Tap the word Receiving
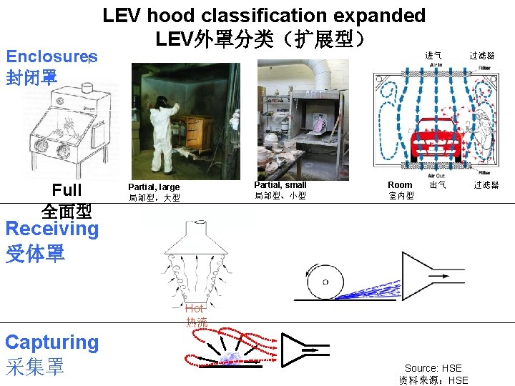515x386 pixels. [x=51, y=229]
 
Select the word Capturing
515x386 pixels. [x=51, y=342]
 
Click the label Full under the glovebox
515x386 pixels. [x=67, y=190]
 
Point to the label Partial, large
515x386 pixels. [x=154, y=187]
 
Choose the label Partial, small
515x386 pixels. [x=280, y=185]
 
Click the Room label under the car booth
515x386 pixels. [x=400, y=185]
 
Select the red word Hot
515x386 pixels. [x=195, y=309]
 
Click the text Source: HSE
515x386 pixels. [x=433, y=369]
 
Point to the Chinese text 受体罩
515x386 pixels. [x=34, y=253]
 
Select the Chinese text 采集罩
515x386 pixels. [x=34, y=367]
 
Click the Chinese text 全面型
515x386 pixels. [x=67, y=212]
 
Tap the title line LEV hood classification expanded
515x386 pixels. [x=264, y=16]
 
